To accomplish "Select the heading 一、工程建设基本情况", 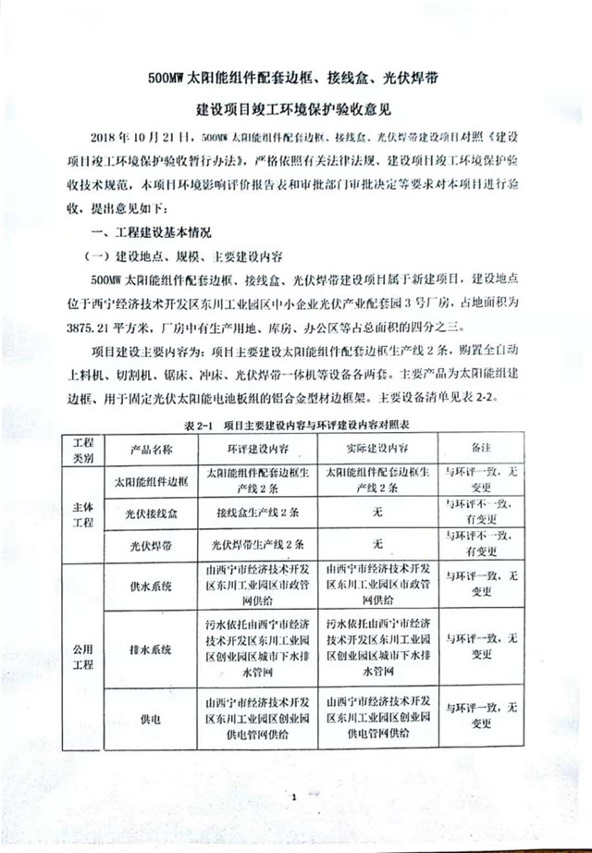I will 150,230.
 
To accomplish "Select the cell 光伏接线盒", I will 150,512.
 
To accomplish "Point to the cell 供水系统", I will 150,587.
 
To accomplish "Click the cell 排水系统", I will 150,649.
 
